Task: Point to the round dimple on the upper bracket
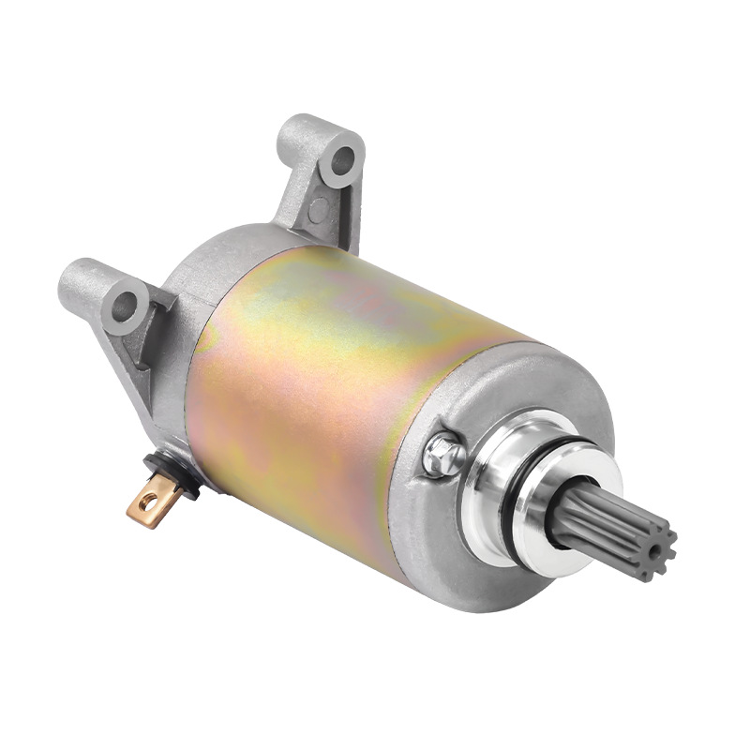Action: click(x=319, y=208)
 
